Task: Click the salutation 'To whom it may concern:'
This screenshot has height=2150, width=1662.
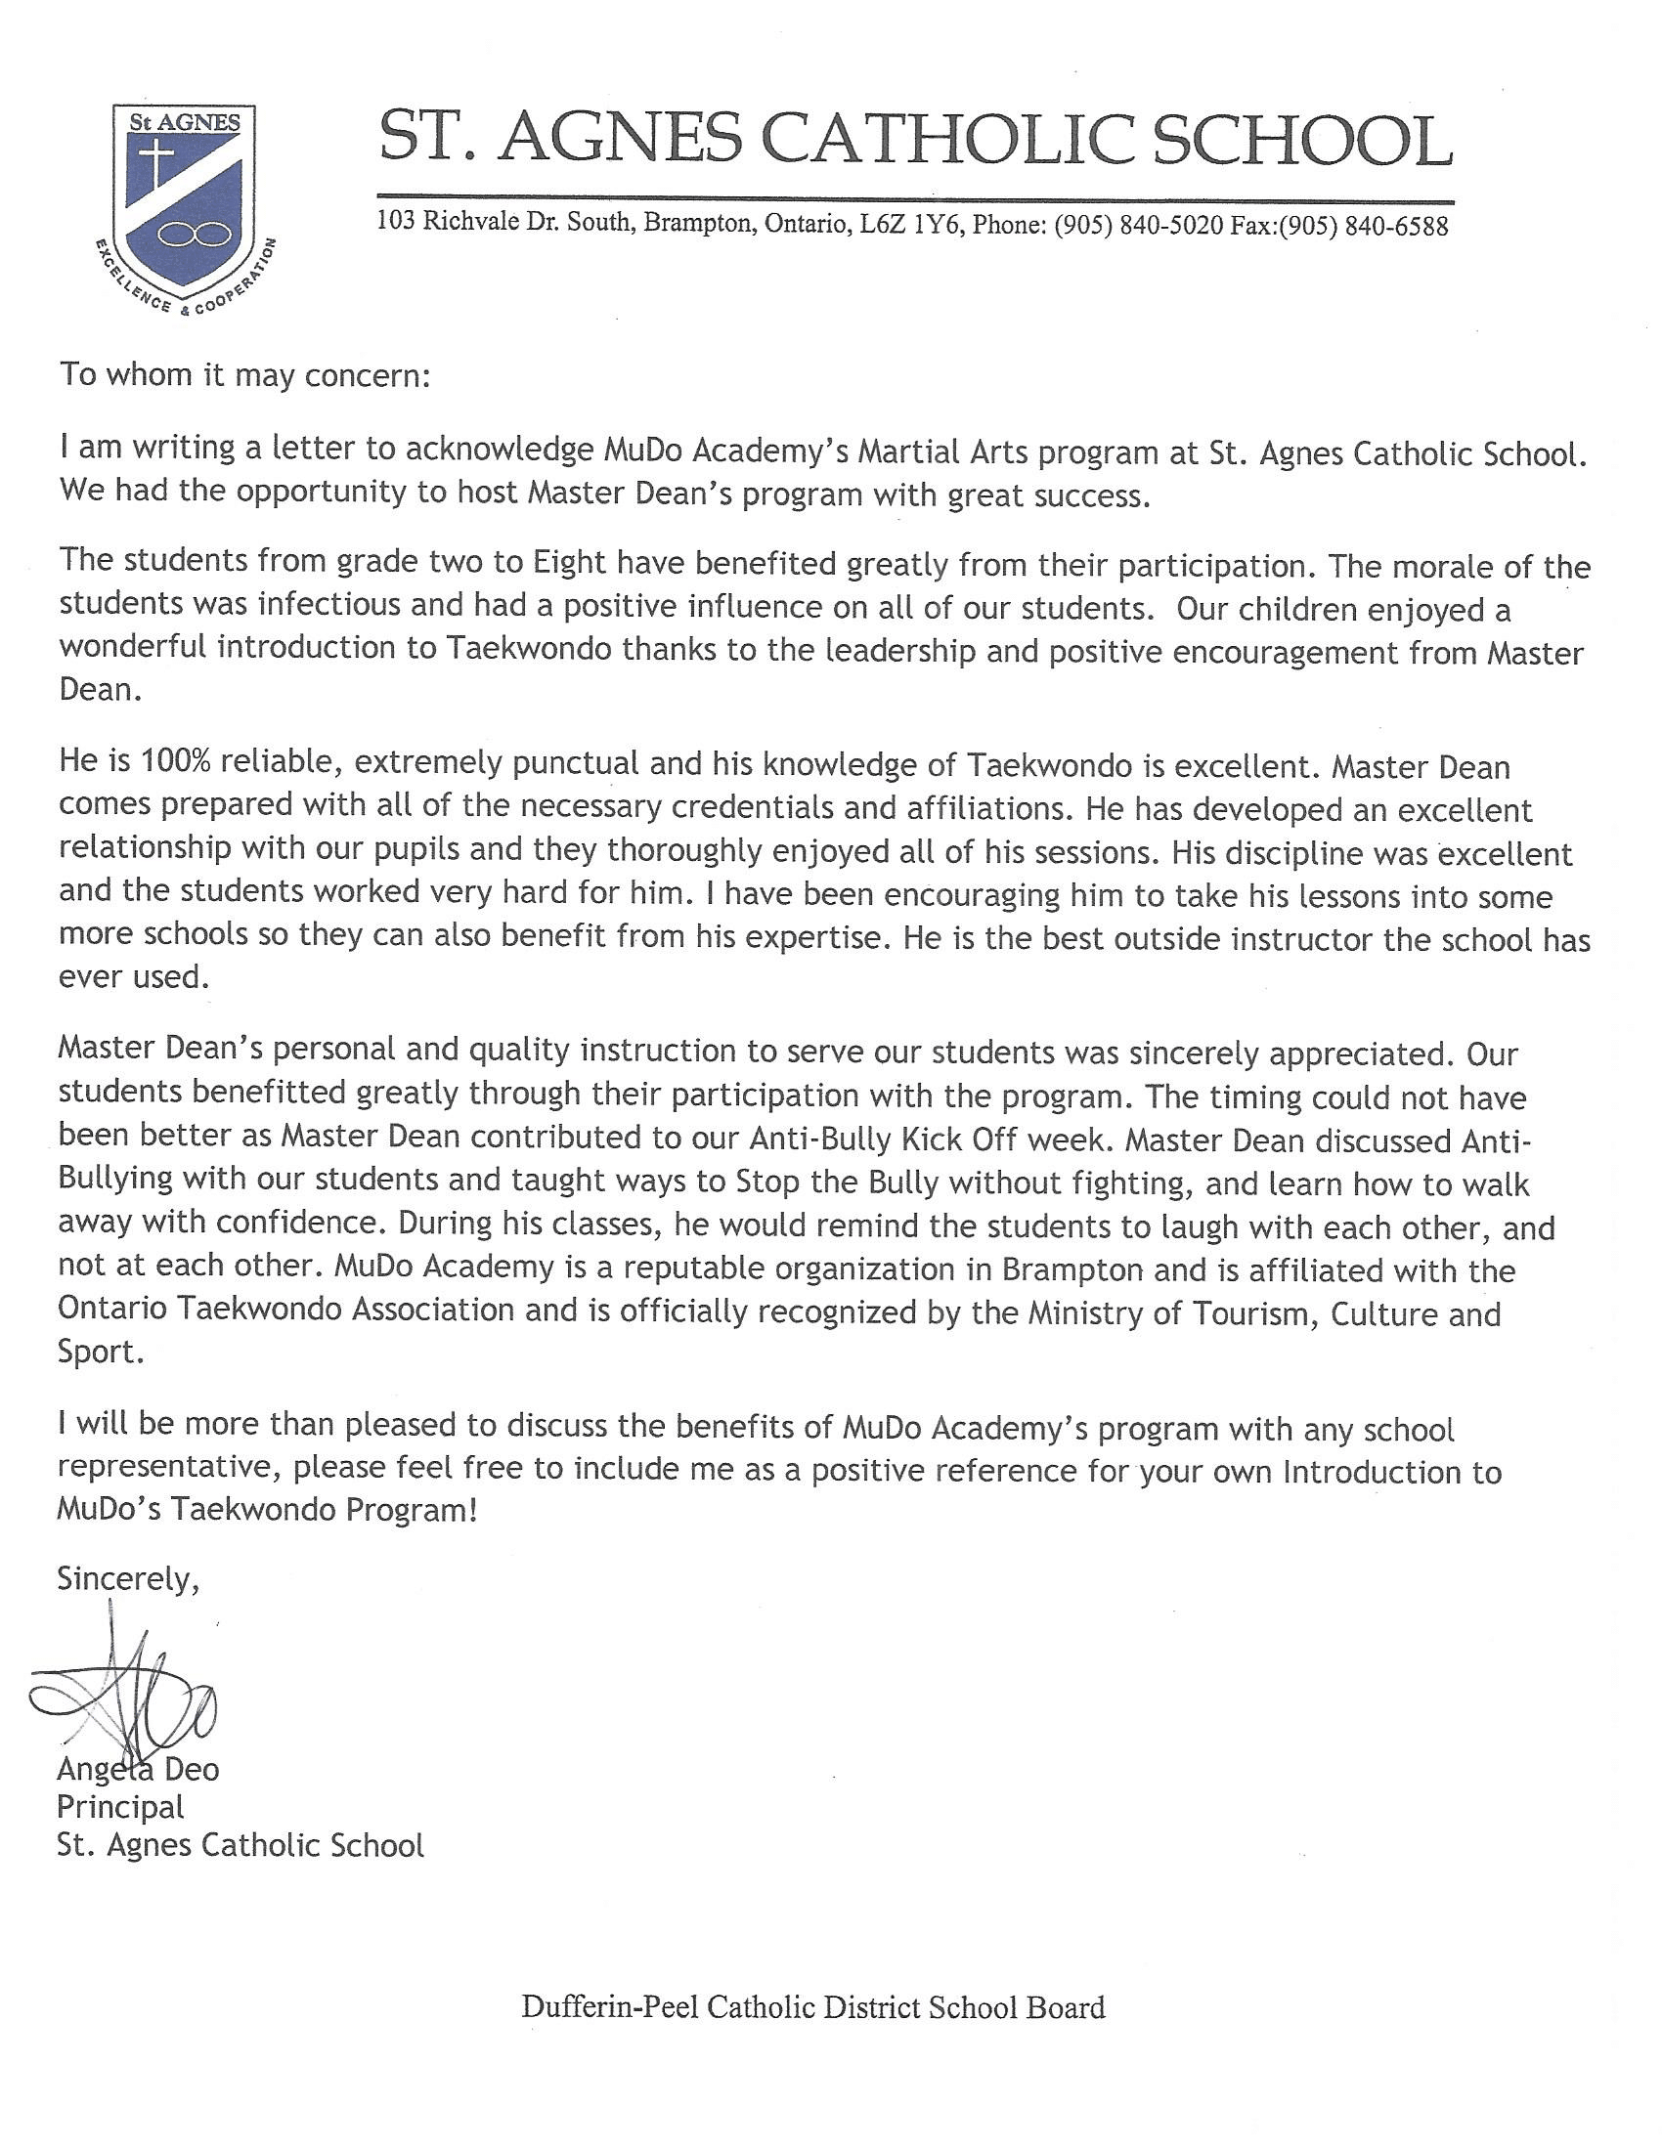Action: [x=245, y=375]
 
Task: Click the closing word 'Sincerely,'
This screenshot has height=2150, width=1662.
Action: [x=129, y=1578]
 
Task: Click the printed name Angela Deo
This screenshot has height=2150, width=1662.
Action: [x=138, y=1769]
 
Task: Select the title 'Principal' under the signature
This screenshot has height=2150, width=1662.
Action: [x=120, y=1806]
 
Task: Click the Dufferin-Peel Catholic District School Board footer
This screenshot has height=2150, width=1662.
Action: [x=812, y=2007]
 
